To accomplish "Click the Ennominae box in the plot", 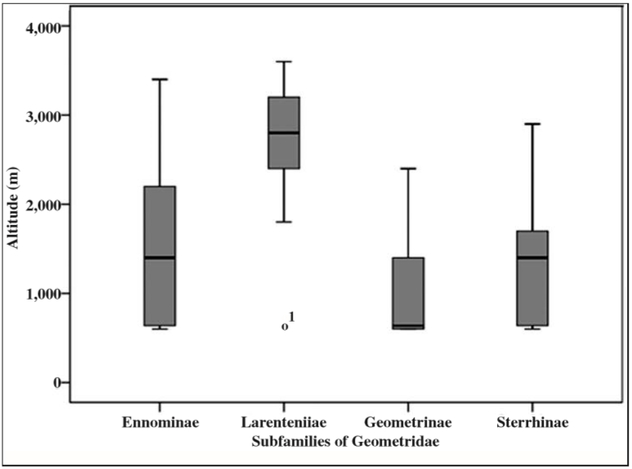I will coord(159,221).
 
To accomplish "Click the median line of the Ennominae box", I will coord(159,258).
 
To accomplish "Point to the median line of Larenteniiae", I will coord(284,133).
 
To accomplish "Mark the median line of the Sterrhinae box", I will coord(531,258).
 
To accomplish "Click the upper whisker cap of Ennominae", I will coord(159,79).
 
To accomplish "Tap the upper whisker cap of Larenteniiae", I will coord(284,61).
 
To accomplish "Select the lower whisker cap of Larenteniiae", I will coord(284,222).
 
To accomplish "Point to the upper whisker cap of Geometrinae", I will coord(408,169).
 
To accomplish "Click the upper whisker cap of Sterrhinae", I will coord(531,124).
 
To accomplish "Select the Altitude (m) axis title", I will coord(13,205).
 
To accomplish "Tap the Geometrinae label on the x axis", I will coord(408,424).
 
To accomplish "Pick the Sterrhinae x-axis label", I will coord(532,424).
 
